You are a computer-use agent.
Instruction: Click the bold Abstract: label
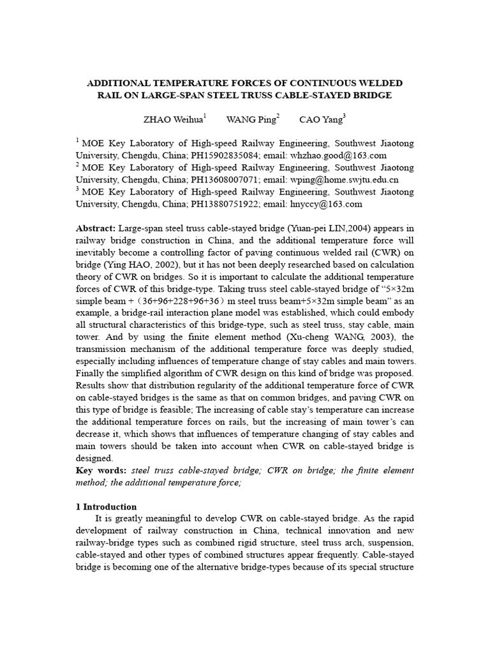click(96, 228)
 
